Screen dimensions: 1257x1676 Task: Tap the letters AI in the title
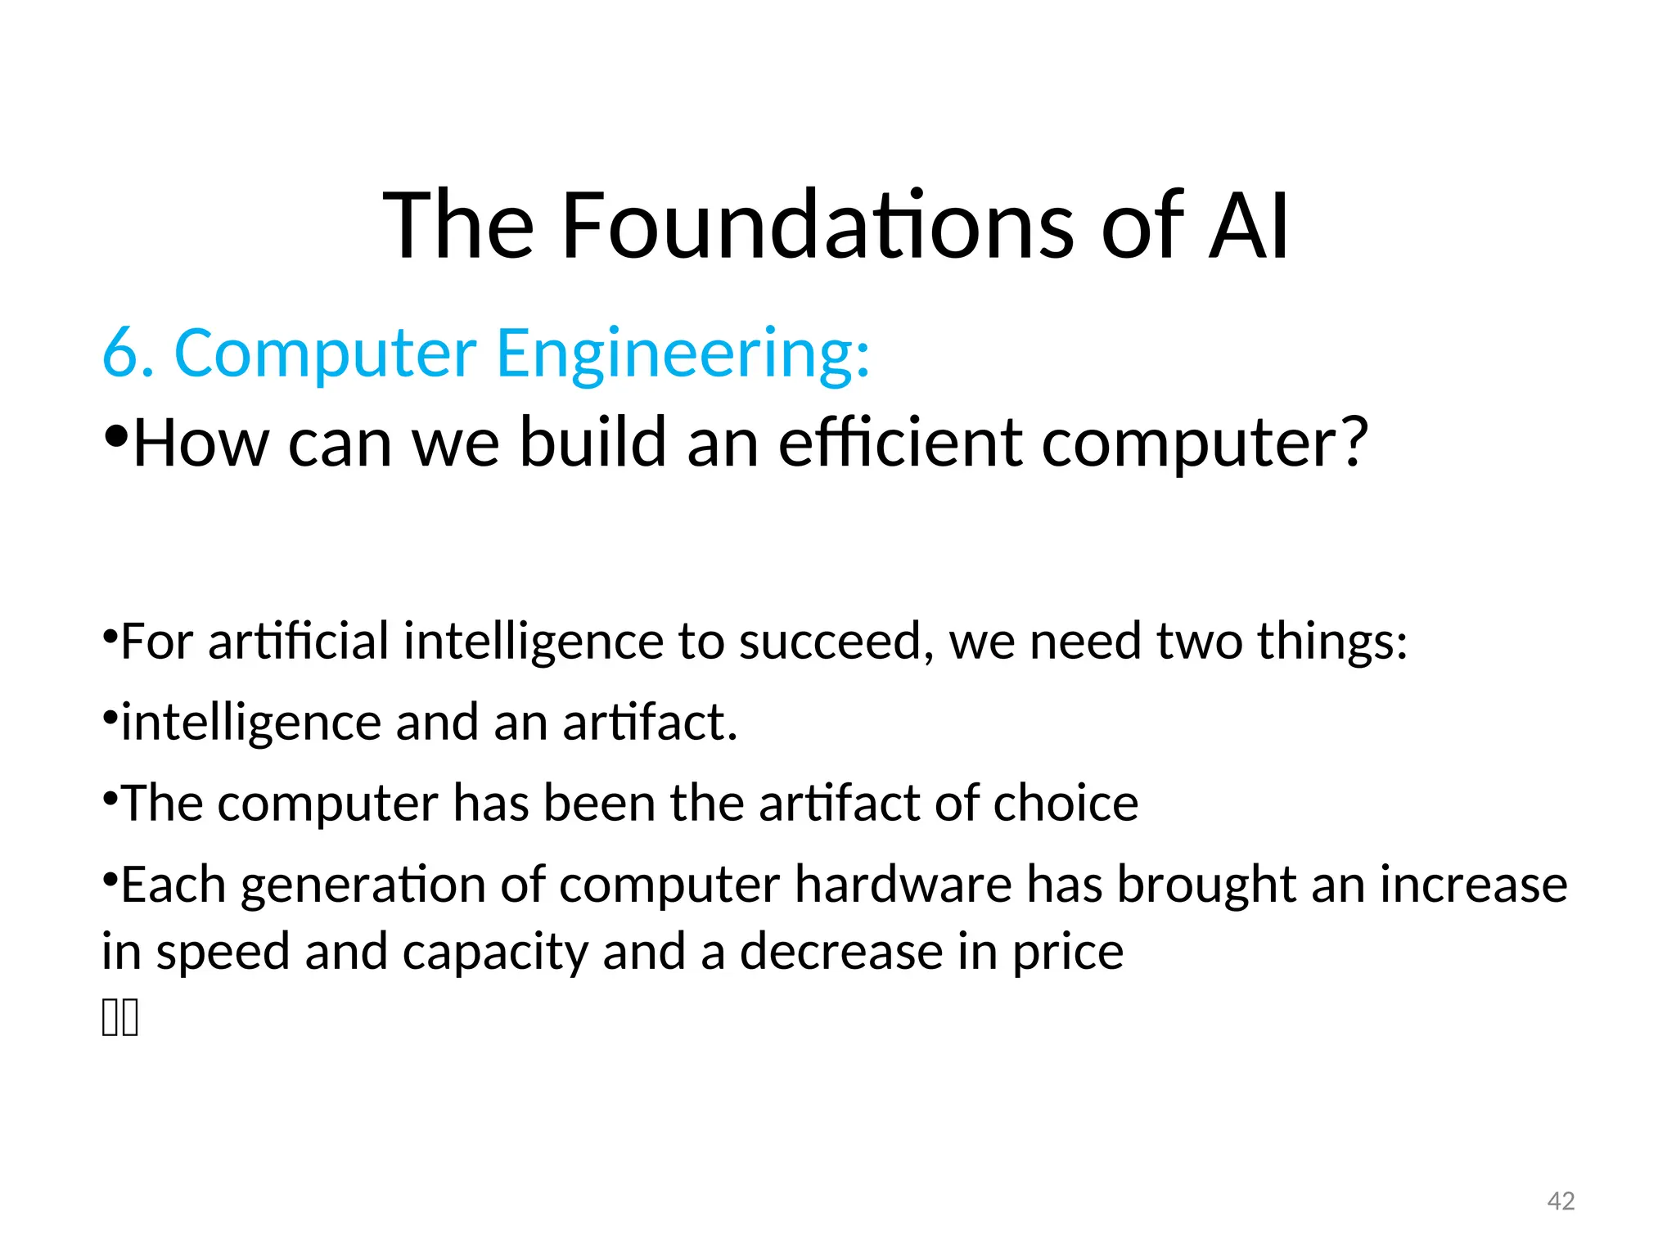pyautogui.click(x=1248, y=225)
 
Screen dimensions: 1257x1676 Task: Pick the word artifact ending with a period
pyautogui.click(x=650, y=723)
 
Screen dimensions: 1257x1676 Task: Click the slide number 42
pyautogui.click(x=1561, y=1201)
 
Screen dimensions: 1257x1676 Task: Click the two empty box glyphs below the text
pyautogui.click(x=120, y=1018)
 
